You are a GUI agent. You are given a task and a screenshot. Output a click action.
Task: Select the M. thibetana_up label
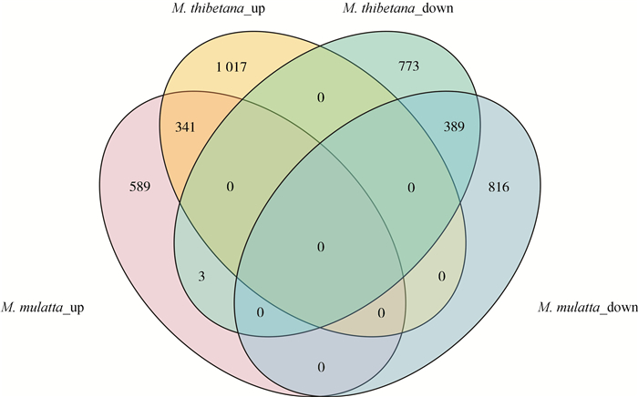click(x=224, y=11)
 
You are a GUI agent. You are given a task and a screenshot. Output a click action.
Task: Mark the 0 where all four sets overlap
click(x=319, y=247)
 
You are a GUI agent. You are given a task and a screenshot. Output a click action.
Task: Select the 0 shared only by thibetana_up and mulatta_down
click(x=442, y=274)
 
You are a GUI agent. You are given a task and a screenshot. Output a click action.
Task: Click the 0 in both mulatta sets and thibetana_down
click(x=260, y=312)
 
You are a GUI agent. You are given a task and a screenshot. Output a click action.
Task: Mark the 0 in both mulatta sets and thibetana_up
click(x=381, y=312)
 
